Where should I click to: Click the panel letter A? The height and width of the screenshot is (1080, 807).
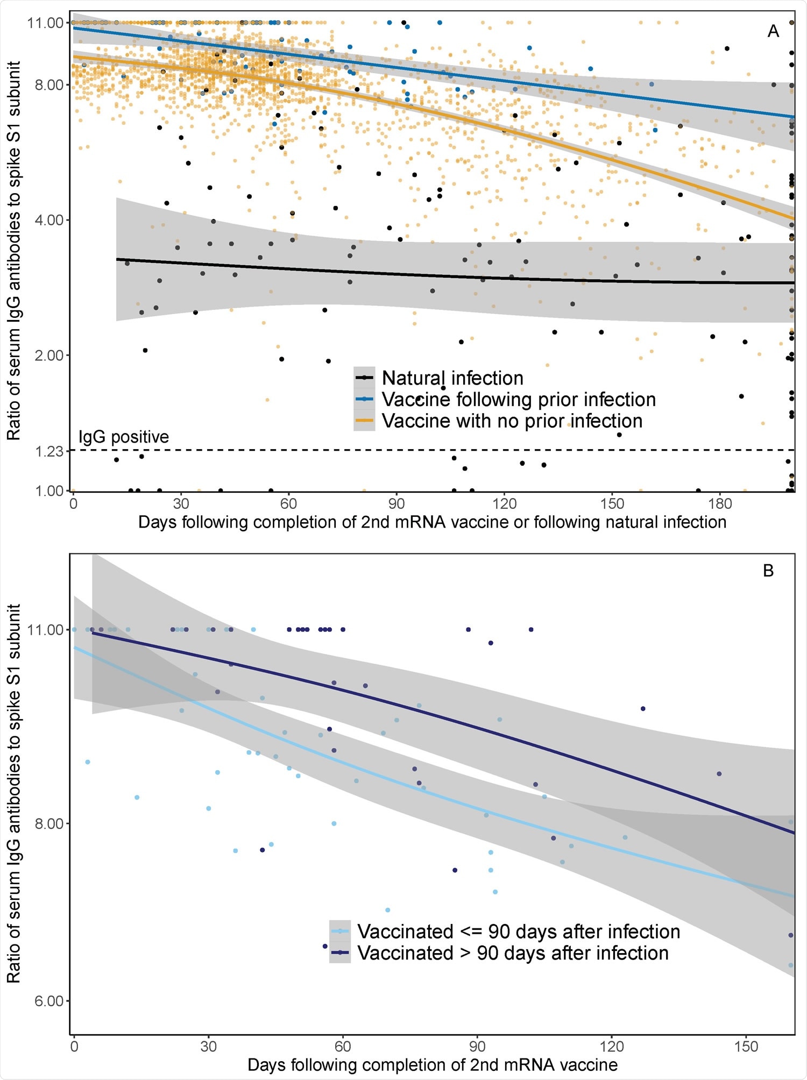[x=773, y=32]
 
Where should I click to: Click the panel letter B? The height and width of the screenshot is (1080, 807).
[x=768, y=571]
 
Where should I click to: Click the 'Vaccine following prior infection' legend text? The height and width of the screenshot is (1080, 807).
[x=519, y=400]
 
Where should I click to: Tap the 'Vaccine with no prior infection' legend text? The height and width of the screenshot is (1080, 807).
[x=512, y=421]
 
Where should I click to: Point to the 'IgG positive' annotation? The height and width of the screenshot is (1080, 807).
[x=124, y=437]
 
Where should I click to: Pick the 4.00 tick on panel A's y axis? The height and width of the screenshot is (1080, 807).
[x=49, y=220]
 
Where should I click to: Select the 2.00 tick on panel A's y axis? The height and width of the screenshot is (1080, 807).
[x=49, y=356]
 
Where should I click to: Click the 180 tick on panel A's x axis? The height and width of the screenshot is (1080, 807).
[x=720, y=504]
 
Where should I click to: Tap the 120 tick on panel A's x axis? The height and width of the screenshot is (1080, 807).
[x=504, y=504]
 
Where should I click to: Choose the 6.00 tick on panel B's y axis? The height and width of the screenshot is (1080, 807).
[x=49, y=1001]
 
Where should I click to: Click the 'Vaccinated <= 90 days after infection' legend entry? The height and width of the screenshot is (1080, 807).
[x=518, y=932]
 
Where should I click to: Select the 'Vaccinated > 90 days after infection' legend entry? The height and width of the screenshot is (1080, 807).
[x=512, y=953]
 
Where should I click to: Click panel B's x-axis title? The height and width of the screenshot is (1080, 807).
[x=432, y=1065]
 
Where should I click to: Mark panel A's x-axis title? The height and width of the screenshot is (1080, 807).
[x=432, y=522]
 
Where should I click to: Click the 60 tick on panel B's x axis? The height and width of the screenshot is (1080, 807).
[x=343, y=1047]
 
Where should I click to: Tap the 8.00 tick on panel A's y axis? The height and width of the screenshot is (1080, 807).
[x=49, y=85]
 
